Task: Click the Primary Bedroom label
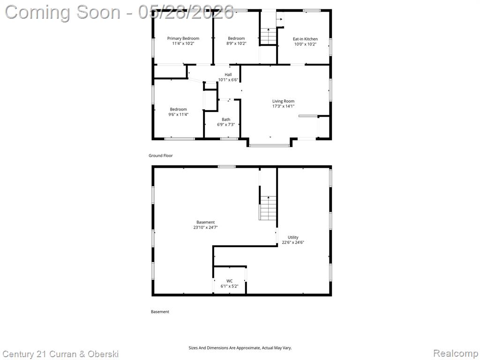(x=183, y=38)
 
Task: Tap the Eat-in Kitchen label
(x=305, y=39)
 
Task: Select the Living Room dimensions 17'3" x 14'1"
(x=284, y=106)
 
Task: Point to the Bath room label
(x=226, y=120)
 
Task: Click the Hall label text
(x=228, y=75)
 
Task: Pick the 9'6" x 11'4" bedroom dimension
(x=179, y=114)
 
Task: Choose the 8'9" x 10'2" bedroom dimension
(x=236, y=44)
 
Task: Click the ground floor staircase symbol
(x=269, y=36)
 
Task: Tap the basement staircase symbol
(x=268, y=208)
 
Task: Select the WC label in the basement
(x=230, y=281)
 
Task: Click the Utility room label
(x=293, y=237)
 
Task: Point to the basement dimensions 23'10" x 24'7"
(x=205, y=227)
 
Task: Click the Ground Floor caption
(x=161, y=156)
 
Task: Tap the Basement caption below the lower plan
(x=160, y=312)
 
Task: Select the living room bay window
(x=270, y=145)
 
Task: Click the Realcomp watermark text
(x=456, y=353)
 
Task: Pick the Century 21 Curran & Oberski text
(x=60, y=354)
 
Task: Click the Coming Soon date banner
(x=120, y=12)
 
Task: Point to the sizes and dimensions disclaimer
(x=240, y=348)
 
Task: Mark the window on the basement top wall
(x=227, y=166)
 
